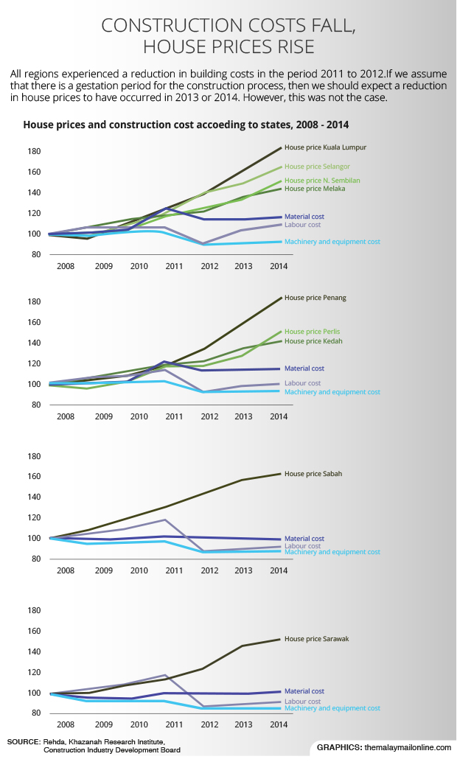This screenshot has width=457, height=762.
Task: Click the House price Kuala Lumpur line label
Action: pyautogui.click(x=325, y=147)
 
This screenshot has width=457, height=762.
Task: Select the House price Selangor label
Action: pyautogui.click(x=317, y=167)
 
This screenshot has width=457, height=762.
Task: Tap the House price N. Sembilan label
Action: pyautogui.click(x=322, y=181)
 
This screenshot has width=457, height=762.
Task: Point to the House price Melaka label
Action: pyautogui.click(x=315, y=189)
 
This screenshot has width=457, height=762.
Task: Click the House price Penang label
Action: pyautogui.click(x=315, y=298)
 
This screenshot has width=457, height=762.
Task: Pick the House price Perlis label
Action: pyautogui.click(x=312, y=332)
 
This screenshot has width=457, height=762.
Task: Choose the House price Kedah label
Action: pyautogui.click(x=313, y=341)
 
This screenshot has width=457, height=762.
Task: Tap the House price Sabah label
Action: pyautogui.click(x=313, y=474)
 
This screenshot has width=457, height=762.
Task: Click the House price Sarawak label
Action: pyautogui.click(x=316, y=639)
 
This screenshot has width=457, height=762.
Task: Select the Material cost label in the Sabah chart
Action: pyautogui.click(x=304, y=539)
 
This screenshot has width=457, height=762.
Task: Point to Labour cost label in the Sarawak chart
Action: pyautogui.click(x=302, y=702)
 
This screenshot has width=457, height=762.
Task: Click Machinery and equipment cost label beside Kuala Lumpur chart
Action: pyautogui.click(x=332, y=242)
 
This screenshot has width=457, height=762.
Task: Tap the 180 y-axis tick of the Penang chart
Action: pyautogui.click(x=33, y=301)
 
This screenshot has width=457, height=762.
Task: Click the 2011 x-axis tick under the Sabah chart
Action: pyautogui.click(x=174, y=571)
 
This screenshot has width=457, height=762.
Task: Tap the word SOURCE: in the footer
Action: pyautogui.click(x=24, y=741)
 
